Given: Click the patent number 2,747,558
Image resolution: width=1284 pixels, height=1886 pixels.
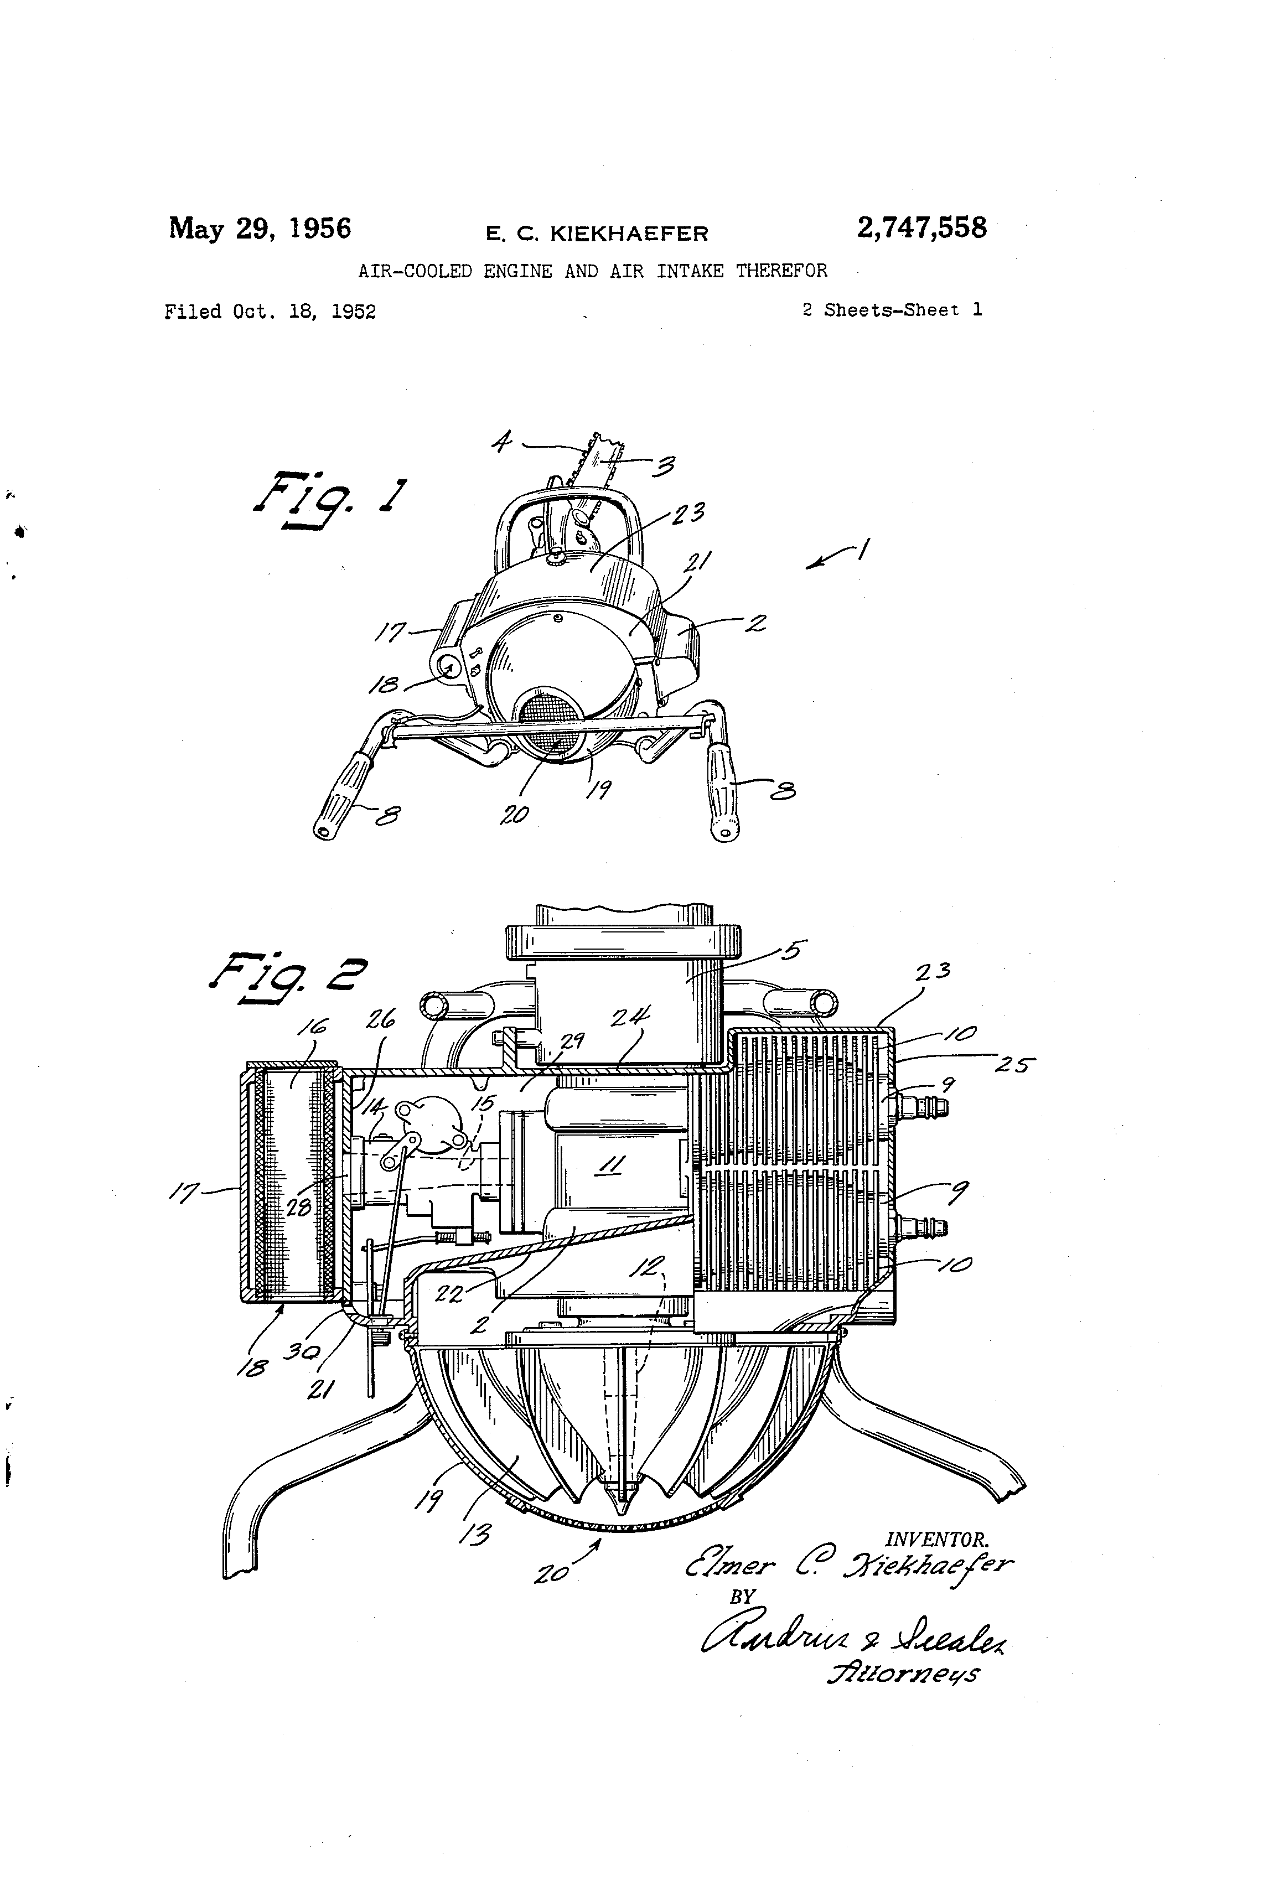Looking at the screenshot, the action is (921, 228).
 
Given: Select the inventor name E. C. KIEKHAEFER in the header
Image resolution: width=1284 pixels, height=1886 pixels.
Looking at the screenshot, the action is (597, 234).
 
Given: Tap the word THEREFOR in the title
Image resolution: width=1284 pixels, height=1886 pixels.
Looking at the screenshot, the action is (781, 271).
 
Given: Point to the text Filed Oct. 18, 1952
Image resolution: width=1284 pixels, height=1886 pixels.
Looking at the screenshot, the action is (270, 312).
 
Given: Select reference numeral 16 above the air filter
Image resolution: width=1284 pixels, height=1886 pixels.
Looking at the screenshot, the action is (311, 1028).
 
